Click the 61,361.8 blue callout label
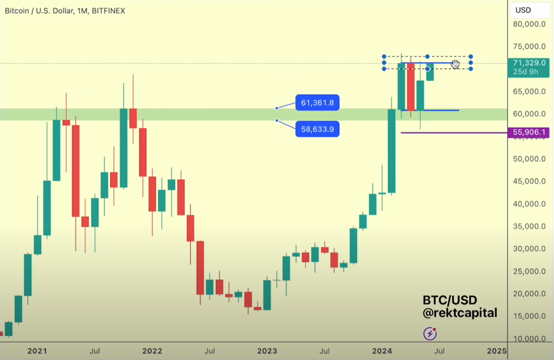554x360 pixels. click(x=317, y=103)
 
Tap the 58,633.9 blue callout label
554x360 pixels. click(x=317, y=129)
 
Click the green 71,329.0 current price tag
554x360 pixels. click(x=529, y=63)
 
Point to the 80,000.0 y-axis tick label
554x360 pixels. click(x=529, y=24)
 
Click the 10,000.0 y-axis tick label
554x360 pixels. click(x=529, y=339)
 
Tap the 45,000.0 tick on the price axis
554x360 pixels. click(x=529, y=181)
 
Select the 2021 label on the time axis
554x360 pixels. click(x=37, y=350)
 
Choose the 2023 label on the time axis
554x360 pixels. click(x=267, y=350)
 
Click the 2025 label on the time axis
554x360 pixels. click(x=497, y=350)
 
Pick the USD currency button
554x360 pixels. click(x=523, y=10)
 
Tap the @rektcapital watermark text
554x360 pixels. click(x=460, y=313)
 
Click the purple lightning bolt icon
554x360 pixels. click(x=430, y=334)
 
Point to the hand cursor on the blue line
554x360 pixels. click(x=455, y=64)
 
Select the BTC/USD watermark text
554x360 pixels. click(x=450, y=300)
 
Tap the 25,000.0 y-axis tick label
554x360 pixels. click(x=529, y=271)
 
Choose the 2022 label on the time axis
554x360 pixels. click(x=152, y=350)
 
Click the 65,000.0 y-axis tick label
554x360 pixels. click(x=529, y=91)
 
